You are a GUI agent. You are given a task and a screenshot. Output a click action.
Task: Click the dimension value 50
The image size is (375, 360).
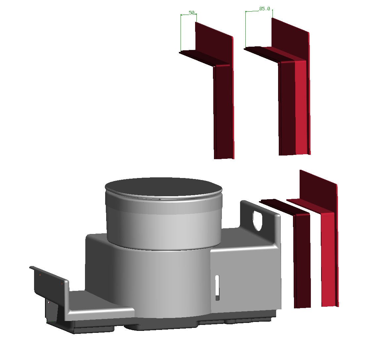191,13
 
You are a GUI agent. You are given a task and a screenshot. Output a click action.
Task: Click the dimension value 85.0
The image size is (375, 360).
265,9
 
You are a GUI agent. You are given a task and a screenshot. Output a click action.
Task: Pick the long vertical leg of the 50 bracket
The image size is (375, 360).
223,111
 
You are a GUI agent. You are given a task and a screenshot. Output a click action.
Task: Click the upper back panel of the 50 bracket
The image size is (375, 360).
214,43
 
